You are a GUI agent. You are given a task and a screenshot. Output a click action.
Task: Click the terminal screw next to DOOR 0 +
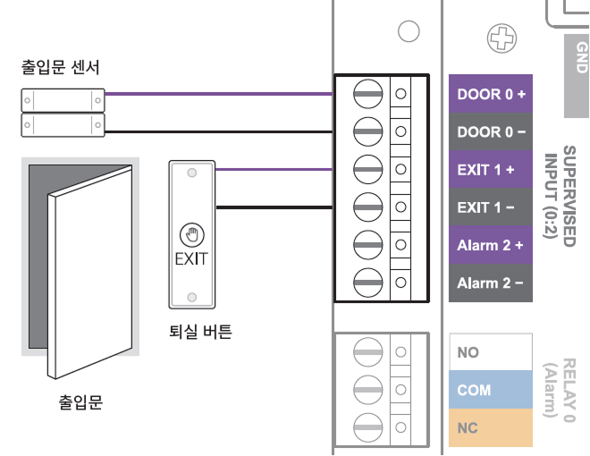367,94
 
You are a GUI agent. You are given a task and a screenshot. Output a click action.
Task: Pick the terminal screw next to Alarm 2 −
367,283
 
